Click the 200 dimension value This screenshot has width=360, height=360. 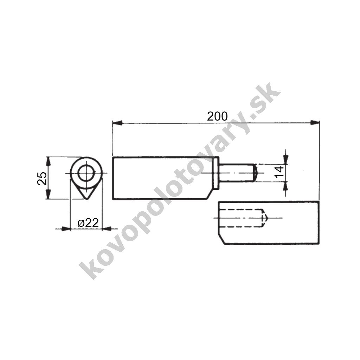[x=217, y=116]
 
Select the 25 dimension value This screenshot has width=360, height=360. [x=42, y=178]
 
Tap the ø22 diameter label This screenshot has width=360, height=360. [x=88, y=223]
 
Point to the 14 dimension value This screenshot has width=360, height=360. [x=279, y=173]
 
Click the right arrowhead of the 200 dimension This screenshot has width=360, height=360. [x=315, y=123]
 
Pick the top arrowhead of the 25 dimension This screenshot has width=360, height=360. [x=48, y=162]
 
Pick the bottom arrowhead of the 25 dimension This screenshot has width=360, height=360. [x=48, y=194]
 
